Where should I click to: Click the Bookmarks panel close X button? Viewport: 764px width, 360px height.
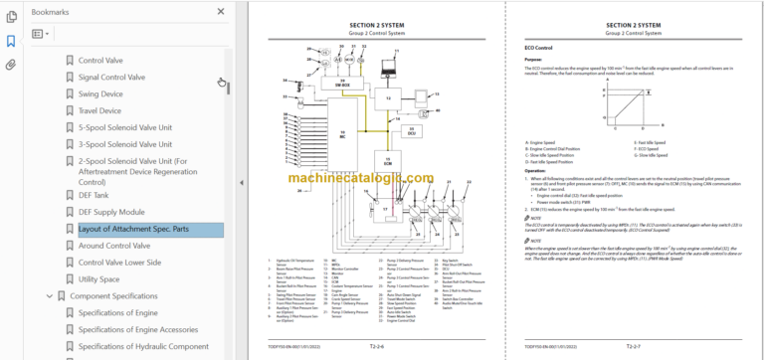point(221,13)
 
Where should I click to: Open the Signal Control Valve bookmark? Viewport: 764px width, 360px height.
point(110,77)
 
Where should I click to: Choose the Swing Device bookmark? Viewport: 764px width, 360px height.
point(100,93)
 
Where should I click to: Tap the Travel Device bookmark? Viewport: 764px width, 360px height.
point(99,110)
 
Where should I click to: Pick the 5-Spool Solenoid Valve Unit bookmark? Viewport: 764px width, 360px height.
point(124,127)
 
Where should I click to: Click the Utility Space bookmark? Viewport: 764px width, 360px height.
point(98,279)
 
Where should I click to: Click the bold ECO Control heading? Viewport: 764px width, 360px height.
point(538,47)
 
